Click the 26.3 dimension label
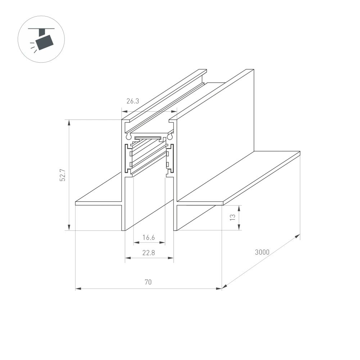132,101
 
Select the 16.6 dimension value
148,237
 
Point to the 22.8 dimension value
148,253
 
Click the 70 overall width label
148,283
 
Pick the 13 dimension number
233,217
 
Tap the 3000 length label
262,252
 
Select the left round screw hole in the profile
128,136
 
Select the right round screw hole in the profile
170,136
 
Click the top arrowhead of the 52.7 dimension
69,122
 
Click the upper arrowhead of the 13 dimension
239,207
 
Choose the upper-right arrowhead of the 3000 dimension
298,235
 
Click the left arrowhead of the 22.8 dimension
127,258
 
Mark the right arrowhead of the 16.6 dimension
163,243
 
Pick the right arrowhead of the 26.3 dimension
175,112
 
